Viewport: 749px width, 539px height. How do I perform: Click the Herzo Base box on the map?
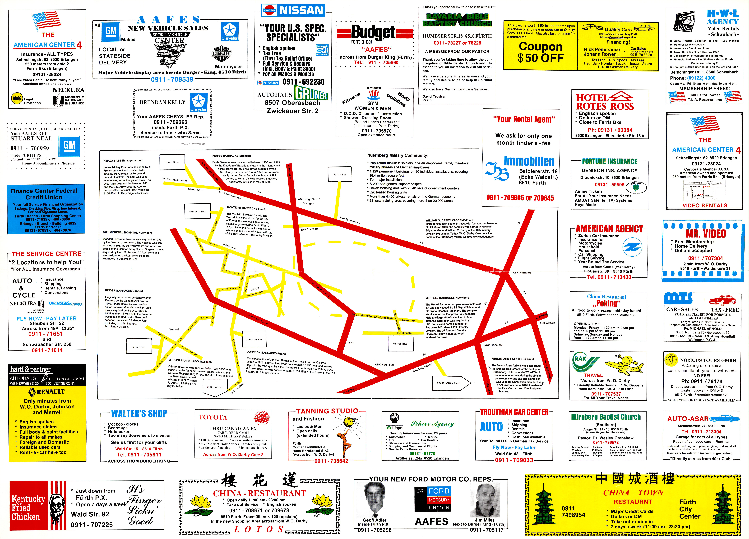point(172,162)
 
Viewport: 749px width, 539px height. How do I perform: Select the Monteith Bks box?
point(197,212)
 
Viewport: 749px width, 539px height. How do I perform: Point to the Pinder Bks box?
point(138,347)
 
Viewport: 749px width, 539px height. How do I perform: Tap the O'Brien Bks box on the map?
point(215,387)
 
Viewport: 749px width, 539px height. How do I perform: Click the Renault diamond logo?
point(32,392)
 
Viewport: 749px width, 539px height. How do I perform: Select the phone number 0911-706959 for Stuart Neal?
point(30,148)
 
